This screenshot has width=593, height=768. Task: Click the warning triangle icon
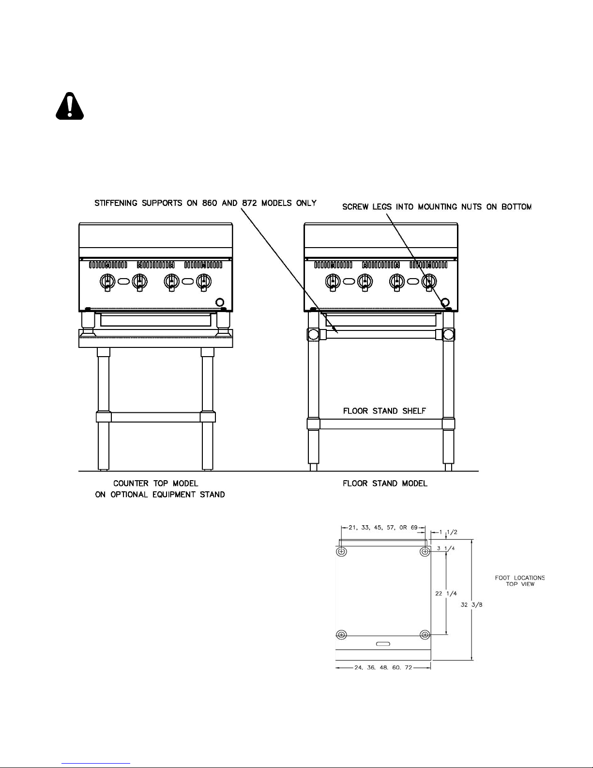[70, 106]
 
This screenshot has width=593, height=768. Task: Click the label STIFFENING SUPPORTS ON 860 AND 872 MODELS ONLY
[205, 203]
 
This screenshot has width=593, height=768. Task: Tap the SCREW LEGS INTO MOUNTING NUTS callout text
[437, 207]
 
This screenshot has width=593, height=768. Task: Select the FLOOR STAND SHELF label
[384, 411]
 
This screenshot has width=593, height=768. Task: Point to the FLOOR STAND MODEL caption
[385, 483]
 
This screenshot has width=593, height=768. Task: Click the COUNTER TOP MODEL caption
[156, 483]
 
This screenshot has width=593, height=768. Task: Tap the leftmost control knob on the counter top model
[107, 281]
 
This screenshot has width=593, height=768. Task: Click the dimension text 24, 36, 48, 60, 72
[383, 667]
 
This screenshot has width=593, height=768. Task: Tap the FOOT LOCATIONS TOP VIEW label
[519, 580]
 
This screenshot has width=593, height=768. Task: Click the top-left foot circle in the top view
[342, 551]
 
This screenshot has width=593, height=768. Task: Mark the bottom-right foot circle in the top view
[425, 634]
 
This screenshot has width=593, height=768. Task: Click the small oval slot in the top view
[383, 644]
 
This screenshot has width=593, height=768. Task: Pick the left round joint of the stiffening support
[313, 334]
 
